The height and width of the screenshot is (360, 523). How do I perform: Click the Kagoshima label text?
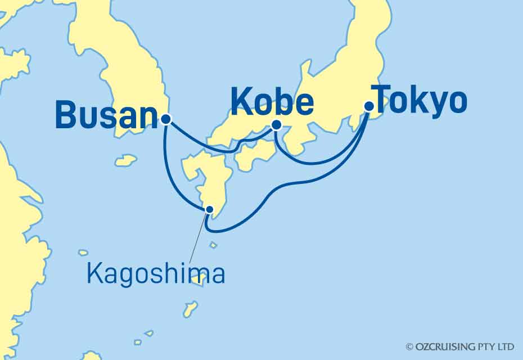coord(156,274)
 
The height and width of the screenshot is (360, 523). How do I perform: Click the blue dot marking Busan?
coord(165,119)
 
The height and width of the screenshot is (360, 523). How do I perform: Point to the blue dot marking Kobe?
coord(276,125)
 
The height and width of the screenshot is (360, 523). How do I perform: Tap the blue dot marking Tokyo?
coord(369,106)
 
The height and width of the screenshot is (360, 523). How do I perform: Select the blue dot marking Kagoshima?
coord(210,209)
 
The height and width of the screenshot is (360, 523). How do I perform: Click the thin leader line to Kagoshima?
coord(199,236)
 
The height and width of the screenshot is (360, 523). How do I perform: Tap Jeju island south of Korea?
coord(126,160)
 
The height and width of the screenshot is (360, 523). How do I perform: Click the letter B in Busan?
coord(66,115)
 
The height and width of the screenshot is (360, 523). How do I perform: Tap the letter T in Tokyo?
coord(385,101)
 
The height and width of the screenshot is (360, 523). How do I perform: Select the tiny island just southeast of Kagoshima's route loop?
coord(213,245)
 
